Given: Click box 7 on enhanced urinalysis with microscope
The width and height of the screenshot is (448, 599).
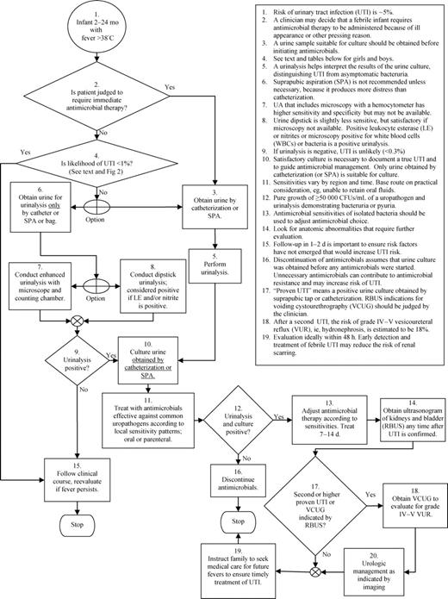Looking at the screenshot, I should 48,309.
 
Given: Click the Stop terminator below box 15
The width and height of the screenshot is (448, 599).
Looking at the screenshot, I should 77,526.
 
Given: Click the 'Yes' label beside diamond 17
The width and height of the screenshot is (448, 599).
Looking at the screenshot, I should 371,496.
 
